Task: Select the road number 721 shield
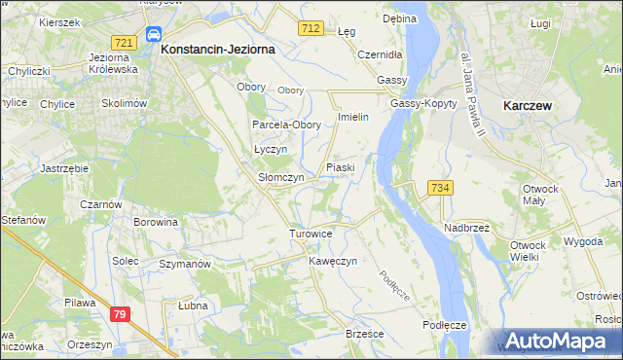123,43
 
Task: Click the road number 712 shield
311,29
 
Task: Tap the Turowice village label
311,234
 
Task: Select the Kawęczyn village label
333,262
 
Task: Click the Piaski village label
340,167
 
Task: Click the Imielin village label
351,117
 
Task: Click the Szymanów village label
185,265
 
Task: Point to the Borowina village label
156,222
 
